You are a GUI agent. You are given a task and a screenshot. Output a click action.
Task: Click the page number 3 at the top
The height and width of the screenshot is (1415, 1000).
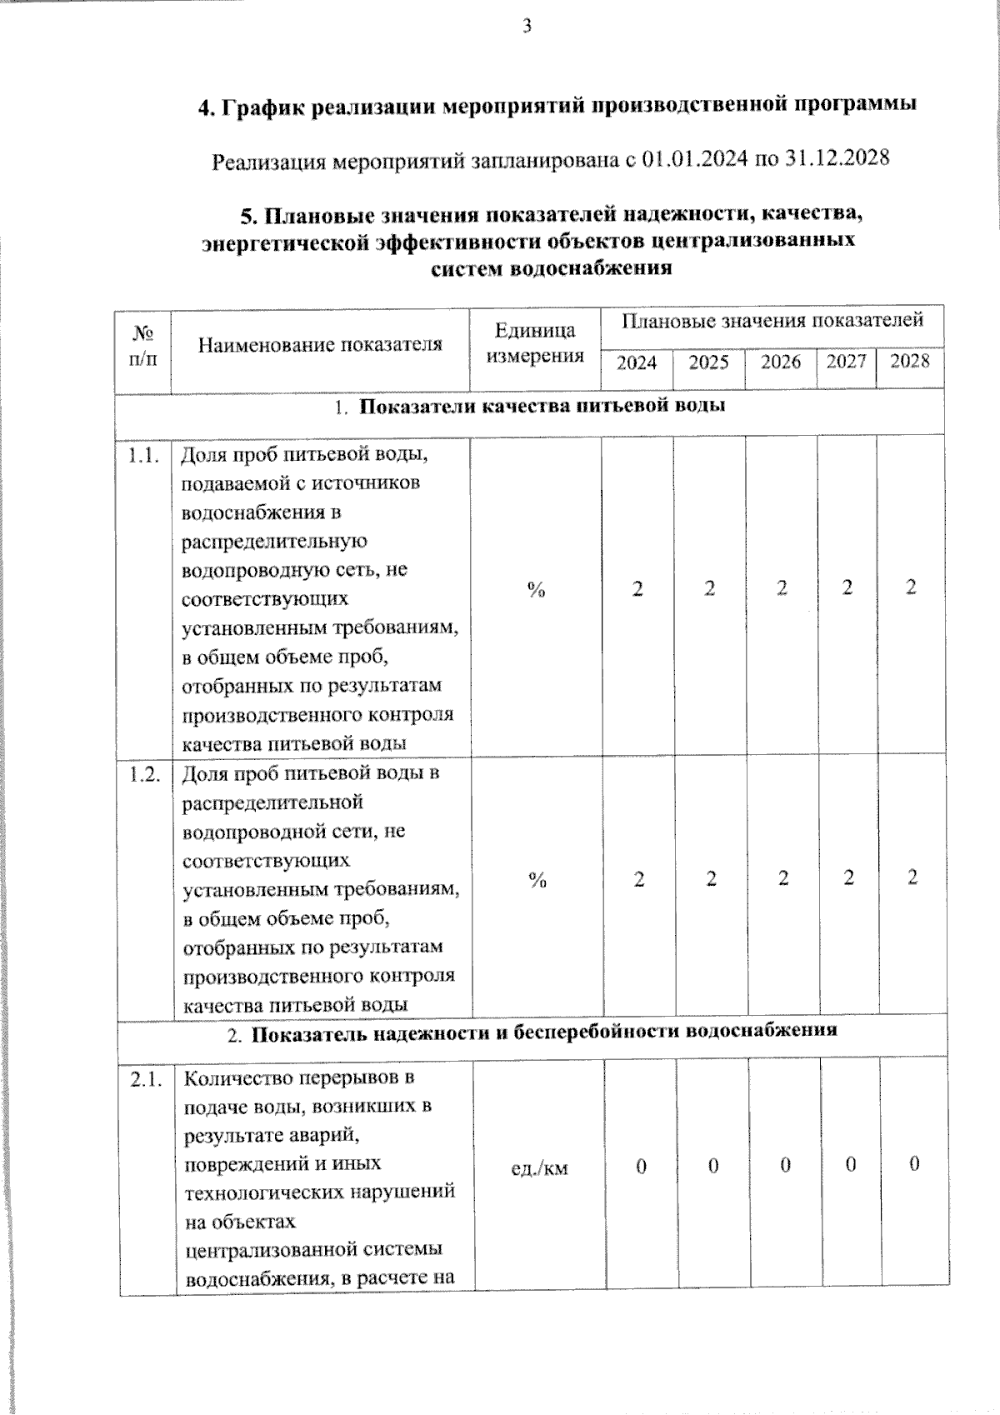tap(527, 27)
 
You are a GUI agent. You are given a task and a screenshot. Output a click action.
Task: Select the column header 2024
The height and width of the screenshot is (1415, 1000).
tap(637, 362)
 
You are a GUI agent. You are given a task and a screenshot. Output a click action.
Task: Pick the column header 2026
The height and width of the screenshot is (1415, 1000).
tap(780, 362)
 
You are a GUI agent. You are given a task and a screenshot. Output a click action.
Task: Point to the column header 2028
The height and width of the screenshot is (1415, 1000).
tap(909, 361)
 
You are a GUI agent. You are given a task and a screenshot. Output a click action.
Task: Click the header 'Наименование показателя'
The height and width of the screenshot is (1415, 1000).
tap(320, 344)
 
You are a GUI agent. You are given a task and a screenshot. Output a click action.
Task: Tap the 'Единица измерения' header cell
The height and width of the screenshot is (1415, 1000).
tap(535, 342)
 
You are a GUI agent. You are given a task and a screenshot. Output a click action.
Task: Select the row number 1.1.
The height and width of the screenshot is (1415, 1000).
tap(143, 456)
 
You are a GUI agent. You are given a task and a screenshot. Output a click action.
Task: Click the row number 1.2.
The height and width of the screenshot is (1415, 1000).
tap(145, 773)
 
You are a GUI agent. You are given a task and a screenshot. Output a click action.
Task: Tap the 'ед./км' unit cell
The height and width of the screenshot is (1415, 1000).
tap(539, 1167)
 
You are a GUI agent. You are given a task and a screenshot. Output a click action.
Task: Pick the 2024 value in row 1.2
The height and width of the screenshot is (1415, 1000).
tap(639, 879)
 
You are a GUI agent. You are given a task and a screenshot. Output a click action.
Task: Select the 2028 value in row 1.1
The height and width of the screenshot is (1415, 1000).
tap(911, 587)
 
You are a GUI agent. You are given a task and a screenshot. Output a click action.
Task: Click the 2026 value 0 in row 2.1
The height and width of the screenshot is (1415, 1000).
tap(785, 1165)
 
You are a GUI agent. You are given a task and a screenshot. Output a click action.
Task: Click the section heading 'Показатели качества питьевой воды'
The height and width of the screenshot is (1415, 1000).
tap(542, 407)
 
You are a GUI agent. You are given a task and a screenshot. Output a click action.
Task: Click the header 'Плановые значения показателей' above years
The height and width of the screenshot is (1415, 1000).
tap(772, 320)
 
